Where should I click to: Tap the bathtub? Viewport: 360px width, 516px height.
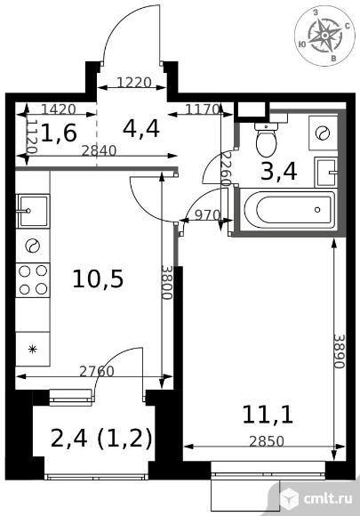point(289,209)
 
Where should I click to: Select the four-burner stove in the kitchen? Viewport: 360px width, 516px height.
point(33,280)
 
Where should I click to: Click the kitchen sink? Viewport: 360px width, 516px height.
point(33,211)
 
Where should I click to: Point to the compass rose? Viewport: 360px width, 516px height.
point(324,36)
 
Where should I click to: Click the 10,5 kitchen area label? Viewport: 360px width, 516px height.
point(98,279)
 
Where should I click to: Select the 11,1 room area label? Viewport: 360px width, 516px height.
point(267,415)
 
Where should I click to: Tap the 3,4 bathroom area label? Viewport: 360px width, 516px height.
point(279,172)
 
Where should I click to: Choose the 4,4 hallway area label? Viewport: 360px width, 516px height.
point(141,129)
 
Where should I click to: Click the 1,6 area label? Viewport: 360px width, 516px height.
point(59,133)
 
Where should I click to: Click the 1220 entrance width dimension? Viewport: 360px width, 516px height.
point(134,82)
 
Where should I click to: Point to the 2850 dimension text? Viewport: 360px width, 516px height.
point(266,441)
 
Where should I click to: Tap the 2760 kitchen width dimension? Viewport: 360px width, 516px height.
point(97,371)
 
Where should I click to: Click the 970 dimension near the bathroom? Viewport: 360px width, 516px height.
point(207,215)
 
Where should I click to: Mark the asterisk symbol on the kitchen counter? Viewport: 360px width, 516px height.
point(32,350)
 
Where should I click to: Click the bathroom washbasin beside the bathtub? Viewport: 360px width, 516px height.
point(326,172)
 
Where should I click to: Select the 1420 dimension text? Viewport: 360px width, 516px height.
point(60,109)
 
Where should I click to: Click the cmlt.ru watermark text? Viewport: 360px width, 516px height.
point(328,499)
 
